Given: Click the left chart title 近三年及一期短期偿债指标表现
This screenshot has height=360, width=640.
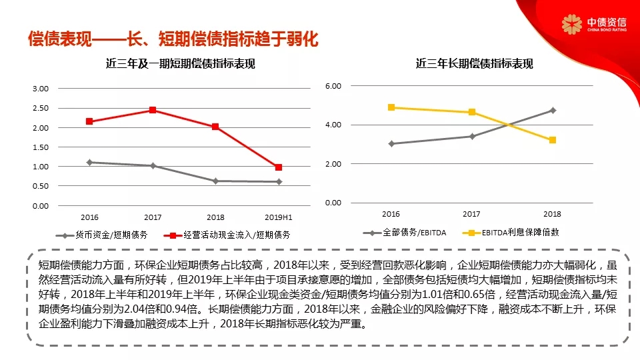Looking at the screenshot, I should (181, 64).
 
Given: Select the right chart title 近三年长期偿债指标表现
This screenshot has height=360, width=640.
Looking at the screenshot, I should (474, 64).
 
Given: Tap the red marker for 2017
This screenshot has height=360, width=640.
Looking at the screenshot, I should (153, 110).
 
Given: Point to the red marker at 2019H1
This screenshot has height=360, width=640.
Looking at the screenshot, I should (279, 167).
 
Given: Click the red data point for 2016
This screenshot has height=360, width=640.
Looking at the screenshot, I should (89, 121).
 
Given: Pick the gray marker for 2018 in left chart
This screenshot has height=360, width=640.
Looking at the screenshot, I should (215, 181).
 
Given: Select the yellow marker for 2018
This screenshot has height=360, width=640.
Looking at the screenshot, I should (553, 140).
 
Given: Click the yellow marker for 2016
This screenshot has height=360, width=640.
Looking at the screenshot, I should (391, 107).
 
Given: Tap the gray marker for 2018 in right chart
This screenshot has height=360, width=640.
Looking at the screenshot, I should (553, 110).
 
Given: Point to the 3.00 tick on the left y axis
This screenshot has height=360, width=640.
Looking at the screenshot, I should (41, 89).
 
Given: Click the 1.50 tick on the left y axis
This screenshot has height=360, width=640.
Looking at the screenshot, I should (41, 147).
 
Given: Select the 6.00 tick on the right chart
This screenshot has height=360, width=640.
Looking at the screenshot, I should (333, 86).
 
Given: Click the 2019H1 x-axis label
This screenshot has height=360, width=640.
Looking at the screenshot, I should (279, 217).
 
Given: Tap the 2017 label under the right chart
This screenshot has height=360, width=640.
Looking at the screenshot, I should (471, 214).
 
